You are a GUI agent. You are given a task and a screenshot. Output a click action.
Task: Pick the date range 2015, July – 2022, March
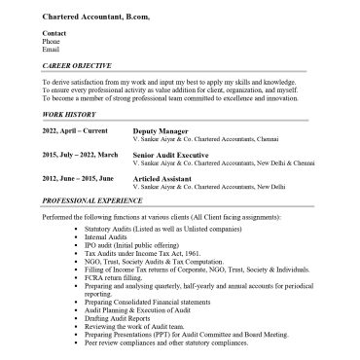pos(81,154)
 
